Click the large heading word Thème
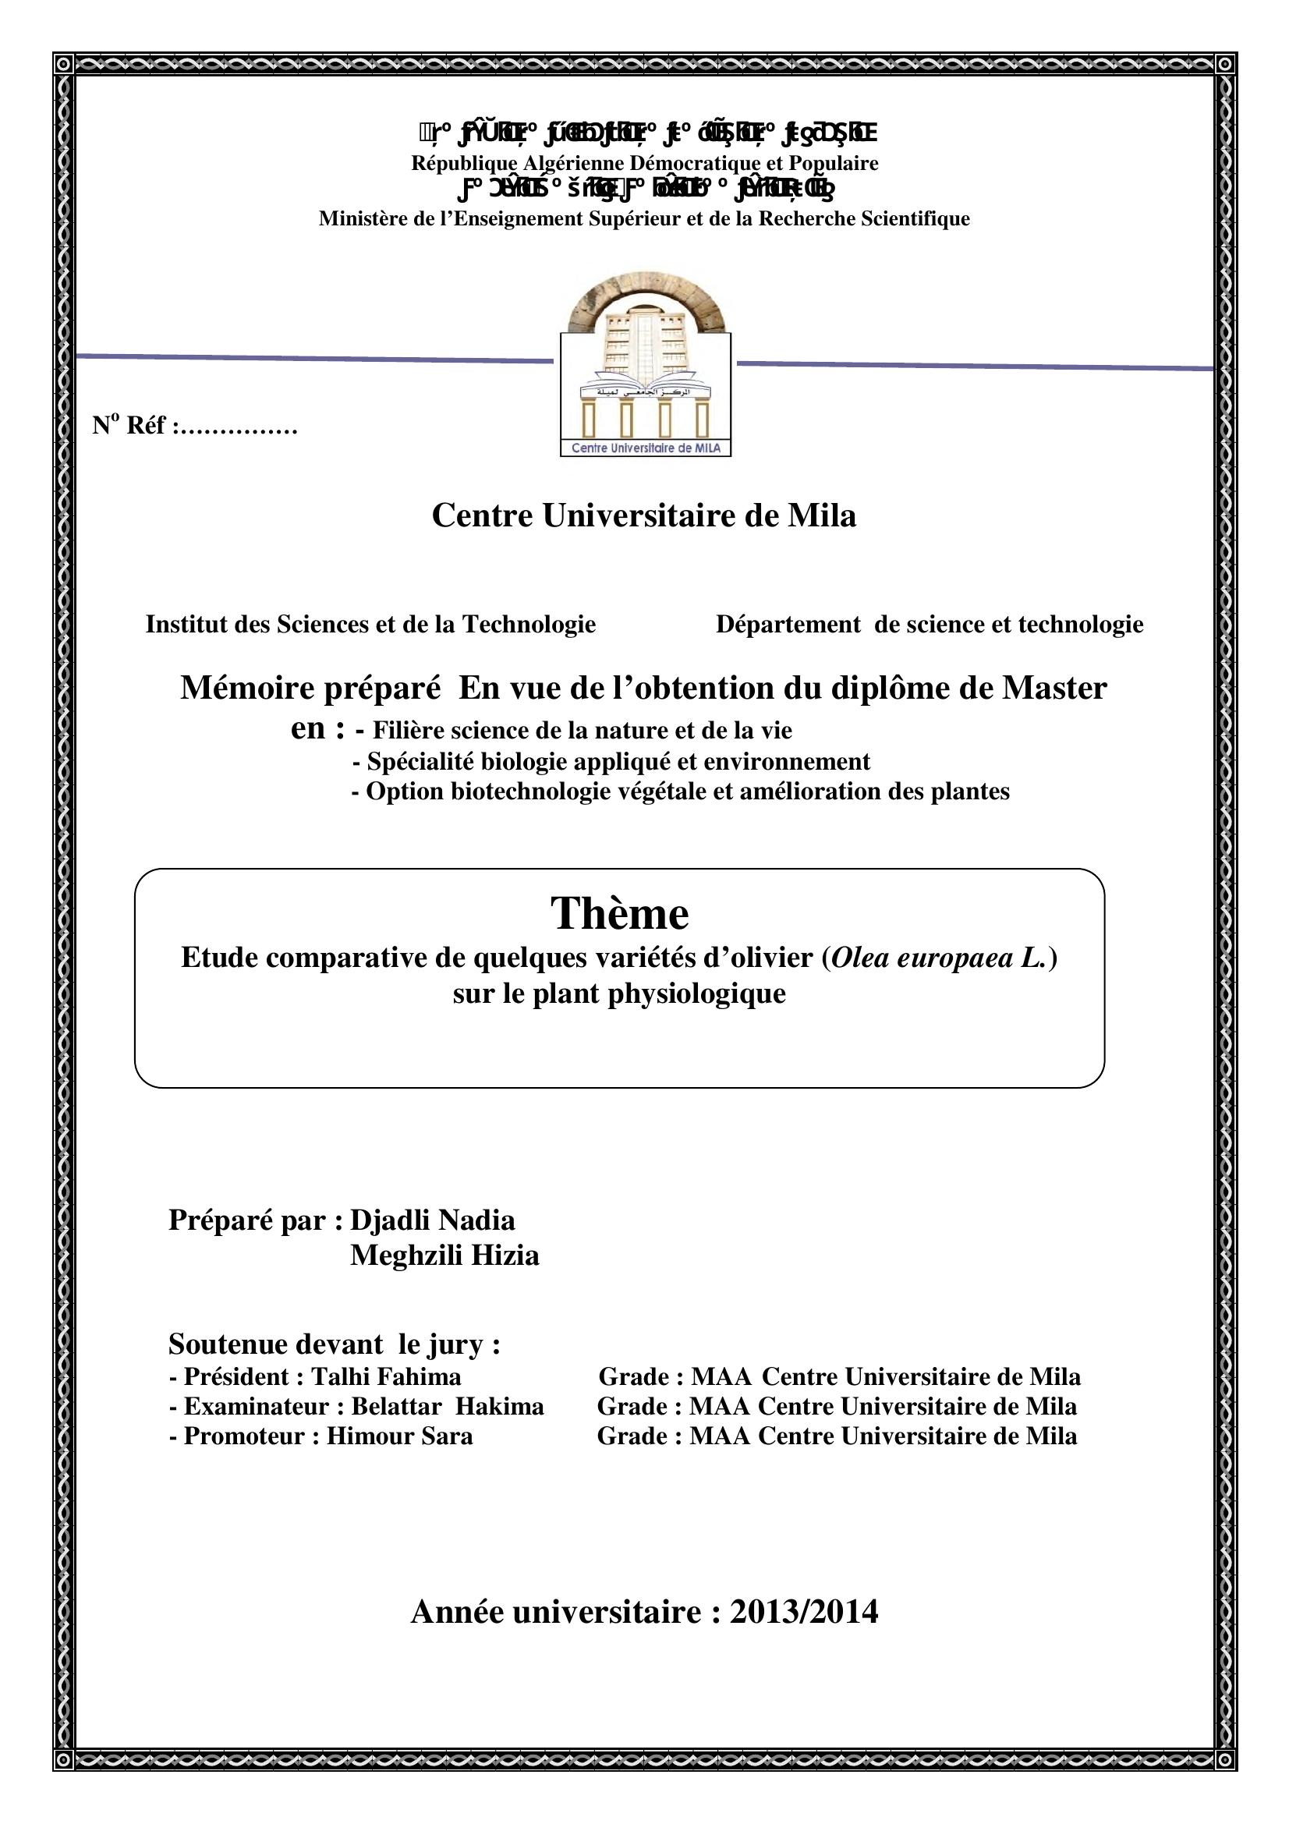(619, 913)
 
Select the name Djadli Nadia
(433, 1220)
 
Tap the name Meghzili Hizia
(444, 1256)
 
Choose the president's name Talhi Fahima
(386, 1376)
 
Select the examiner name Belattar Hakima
(448, 1406)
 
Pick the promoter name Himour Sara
(399, 1436)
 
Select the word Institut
(182, 625)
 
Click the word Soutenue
(225, 1344)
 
